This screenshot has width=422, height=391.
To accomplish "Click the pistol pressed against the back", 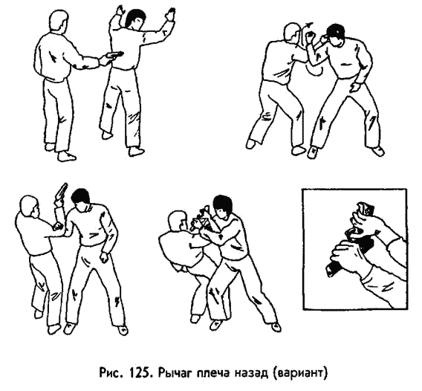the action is point(114,54).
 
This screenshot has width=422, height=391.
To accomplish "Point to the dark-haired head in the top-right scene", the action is point(336,34).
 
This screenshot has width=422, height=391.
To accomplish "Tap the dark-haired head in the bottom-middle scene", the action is point(222,205).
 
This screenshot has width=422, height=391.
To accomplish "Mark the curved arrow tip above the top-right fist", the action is point(311,25).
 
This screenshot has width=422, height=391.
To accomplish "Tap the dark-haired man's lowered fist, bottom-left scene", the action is point(104,256).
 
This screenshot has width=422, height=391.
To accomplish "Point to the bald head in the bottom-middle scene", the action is point(177,221).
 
